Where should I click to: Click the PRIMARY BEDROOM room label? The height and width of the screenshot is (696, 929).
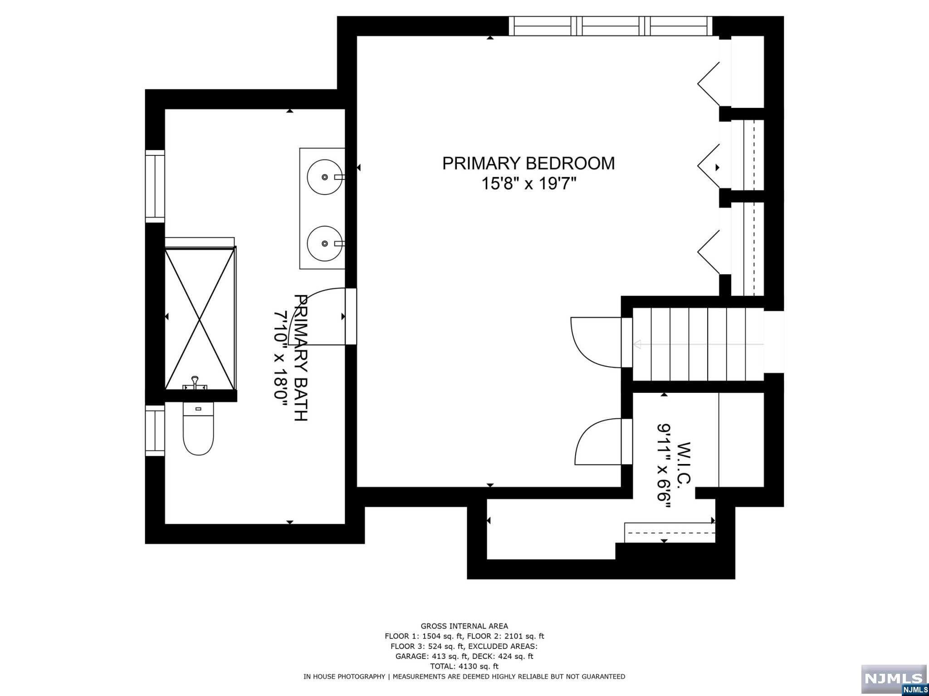(x=528, y=164)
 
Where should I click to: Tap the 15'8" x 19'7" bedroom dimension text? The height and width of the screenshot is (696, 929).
(x=528, y=184)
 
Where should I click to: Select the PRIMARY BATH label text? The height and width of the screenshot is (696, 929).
(x=301, y=358)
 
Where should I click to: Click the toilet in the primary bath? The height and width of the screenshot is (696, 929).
(x=198, y=429)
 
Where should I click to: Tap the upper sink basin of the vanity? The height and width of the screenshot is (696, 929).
(x=325, y=177)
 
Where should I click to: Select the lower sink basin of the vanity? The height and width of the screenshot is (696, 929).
(x=325, y=243)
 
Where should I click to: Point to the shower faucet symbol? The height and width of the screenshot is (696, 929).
(x=195, y=383)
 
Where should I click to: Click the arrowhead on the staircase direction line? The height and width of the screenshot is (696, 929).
(x=637, y=344)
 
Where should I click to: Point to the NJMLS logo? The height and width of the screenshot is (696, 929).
(x=894, y=679)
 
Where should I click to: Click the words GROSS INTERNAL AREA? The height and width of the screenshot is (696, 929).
(x=464, y=626)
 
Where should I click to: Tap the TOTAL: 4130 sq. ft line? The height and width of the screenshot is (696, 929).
(x=464, y=666)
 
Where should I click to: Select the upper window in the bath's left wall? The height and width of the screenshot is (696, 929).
(x=155, y=186)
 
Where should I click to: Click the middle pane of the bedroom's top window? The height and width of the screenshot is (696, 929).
(x=613, y=26)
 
